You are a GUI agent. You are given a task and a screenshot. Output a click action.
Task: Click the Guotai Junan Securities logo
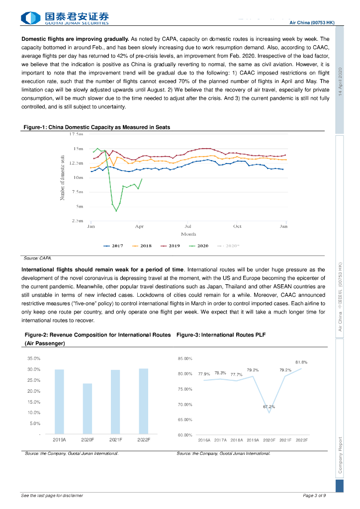[x=65, y=18]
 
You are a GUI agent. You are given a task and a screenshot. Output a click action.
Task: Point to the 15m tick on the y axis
[x=78, y=149]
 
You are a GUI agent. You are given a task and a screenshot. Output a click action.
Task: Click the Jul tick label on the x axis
[x=188, y=226]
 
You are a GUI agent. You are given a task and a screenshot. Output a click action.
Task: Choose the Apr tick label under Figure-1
[x=139, y=226]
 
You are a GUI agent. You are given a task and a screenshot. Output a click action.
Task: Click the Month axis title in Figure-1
[x=188, y=234]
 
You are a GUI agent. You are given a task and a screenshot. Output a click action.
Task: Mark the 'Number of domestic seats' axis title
[x=63, y=177]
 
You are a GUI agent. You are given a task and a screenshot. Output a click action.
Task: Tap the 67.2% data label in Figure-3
[x=269, y=407]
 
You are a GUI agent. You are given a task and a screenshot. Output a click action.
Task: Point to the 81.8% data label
[x=301, y=362]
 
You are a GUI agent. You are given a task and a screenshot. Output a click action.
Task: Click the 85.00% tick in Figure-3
[x=184, y=358]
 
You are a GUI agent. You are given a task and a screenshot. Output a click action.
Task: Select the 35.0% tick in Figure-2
[x=34, y=358]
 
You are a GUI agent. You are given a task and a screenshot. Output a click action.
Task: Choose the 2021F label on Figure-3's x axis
[x=285, y=440]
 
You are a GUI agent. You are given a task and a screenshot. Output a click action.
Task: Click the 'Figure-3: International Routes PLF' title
[x=221, y=335]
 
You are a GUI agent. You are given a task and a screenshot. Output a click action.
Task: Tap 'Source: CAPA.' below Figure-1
[x=38, y=258]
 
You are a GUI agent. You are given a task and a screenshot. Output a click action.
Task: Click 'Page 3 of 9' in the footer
[x=314, y=496]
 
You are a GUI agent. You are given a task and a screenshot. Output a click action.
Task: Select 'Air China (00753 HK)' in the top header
[x=312, y=22]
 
